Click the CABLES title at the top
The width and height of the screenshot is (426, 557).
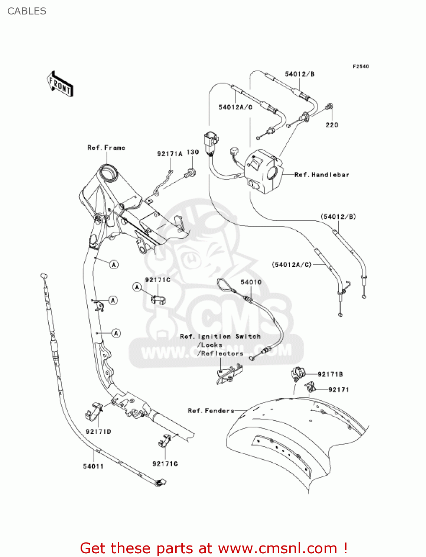[27, 11]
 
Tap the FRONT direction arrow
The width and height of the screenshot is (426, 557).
[60, 84]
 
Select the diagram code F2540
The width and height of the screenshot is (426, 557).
[361, 66]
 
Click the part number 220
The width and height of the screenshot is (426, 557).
[332, 125]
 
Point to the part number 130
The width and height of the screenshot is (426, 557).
[192, 152]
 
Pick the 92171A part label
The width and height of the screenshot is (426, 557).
[170, 154]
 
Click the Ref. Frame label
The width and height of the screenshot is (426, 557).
[106, 148]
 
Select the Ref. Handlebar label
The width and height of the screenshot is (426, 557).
[322, 175]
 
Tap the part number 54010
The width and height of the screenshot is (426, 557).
[251, 282]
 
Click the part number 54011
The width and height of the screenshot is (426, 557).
[93, 466]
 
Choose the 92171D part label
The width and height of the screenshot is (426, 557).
[98, 431]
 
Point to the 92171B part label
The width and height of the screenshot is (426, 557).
[330, 374]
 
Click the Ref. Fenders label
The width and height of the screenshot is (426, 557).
[211, 411]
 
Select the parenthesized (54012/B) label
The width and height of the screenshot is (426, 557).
[338, 216]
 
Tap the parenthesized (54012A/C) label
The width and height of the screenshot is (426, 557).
[292, 265]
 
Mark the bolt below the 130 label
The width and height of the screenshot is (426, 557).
[191, 173]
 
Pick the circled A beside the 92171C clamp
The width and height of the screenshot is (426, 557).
[137, 287]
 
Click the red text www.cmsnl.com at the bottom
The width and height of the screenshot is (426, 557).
[277, 548]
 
